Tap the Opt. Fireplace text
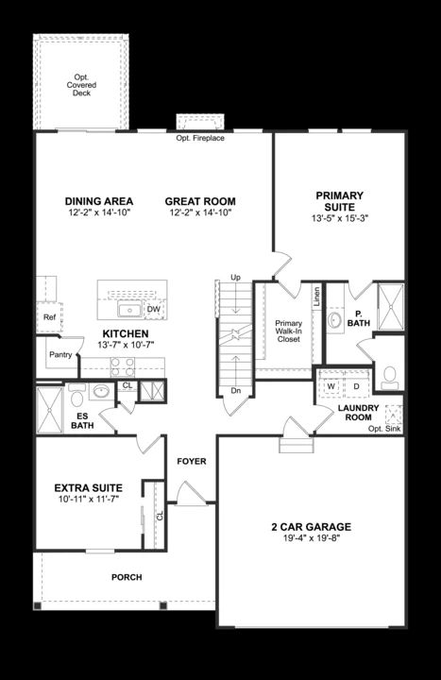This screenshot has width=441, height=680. click(200, 139)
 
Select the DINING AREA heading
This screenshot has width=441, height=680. click(98, 201)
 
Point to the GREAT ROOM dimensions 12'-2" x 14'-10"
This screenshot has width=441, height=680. click(200, 214)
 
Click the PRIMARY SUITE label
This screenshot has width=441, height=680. click(339, 202)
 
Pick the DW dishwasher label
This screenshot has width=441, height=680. click(154, 309)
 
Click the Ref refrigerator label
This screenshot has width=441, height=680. click(49, 317)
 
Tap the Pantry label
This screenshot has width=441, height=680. click(60, 355)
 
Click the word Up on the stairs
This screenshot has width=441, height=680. click(235, 278)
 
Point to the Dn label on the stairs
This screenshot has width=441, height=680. click(235, 390)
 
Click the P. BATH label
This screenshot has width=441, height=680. click(359, 317)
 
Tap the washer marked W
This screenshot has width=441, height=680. click(331, 386)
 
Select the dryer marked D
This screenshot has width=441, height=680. click(356, 386)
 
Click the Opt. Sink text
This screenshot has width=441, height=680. click(385, 428)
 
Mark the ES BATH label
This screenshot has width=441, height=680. click(82, 419)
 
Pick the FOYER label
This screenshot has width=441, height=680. click(192, 461)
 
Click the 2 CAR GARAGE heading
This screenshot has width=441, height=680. click(309, 527)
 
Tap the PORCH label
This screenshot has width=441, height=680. click(127, 576)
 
